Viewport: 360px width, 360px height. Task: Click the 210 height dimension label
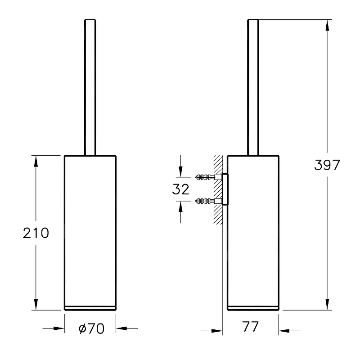(36, 233)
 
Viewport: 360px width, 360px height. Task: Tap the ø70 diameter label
(91, 328)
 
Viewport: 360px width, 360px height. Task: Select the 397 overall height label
(327, 165)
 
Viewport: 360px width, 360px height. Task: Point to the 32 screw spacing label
(181, 189)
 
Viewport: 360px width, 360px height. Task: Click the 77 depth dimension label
(250, 327)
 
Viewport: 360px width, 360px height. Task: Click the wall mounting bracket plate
(225, 189)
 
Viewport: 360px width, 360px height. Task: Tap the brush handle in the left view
(90, 87)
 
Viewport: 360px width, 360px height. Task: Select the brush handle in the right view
(253, 87)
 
